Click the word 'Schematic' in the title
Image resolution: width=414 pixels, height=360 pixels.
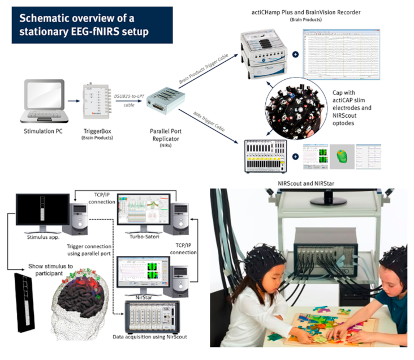pyautogui.click(x=45, y=18)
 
